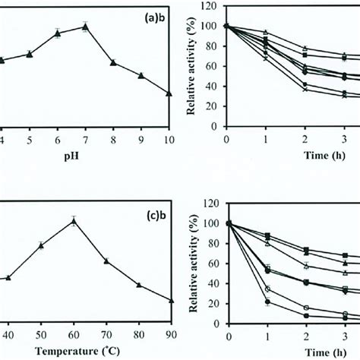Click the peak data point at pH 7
click(85, 27)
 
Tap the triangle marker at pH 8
click(113, 63)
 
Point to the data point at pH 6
click(57, 33)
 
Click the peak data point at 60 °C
click(74, 221)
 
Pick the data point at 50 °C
click(41, 245)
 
